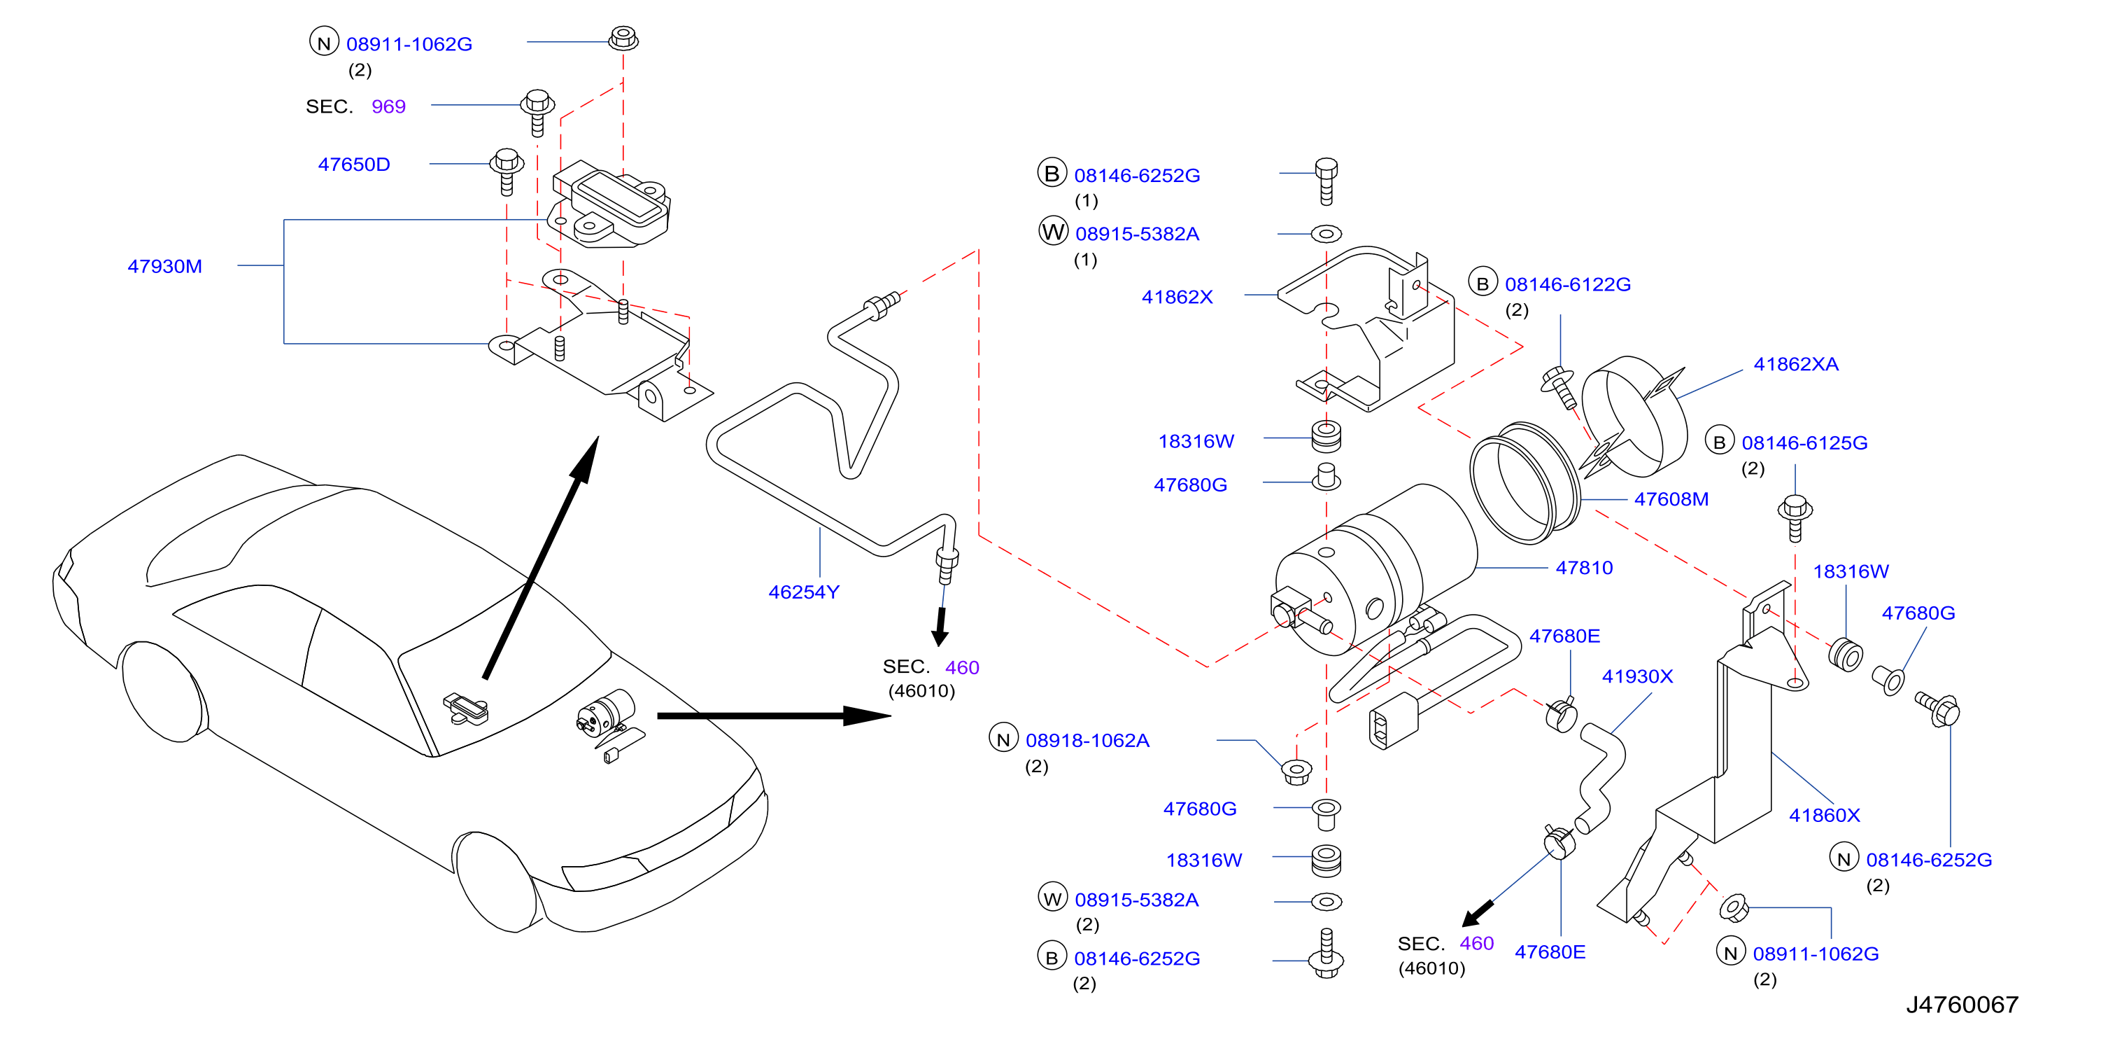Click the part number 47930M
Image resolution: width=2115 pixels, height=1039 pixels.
(x=164, y=266)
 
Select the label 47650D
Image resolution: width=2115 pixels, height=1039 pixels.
(x=354, y=165)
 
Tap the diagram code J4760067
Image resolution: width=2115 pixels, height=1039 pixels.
(x=1962, y=1005)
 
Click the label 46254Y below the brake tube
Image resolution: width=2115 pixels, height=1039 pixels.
(x=804, y=592)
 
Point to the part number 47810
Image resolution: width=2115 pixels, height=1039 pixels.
(x=1584, y=568)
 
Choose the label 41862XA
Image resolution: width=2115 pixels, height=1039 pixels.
(x=1795, y=364)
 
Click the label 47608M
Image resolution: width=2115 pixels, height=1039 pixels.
(x=1671, y=498)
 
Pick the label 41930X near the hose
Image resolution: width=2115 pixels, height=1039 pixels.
(x=1637, y=676)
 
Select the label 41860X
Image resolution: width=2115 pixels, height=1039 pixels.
(x=1825, y=815)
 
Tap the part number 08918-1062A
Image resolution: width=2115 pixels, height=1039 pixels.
(x=1087, y=740)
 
